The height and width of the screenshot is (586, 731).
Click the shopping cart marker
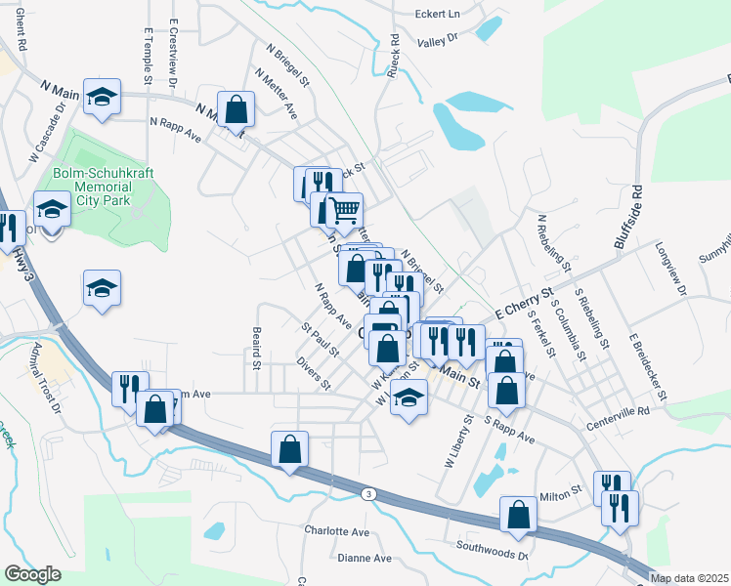click(343, 210)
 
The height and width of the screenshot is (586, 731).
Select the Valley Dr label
click(437, 40)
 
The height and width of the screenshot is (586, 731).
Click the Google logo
click(32, 574)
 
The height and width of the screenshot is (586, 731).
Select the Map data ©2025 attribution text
click(689, 578)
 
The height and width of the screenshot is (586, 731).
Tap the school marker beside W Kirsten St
click(408, 397)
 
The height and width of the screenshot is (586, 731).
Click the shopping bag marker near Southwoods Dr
click(518, 514)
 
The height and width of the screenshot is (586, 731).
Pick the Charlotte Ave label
click(336, 532)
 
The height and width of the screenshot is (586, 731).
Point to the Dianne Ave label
click(363, 559)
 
